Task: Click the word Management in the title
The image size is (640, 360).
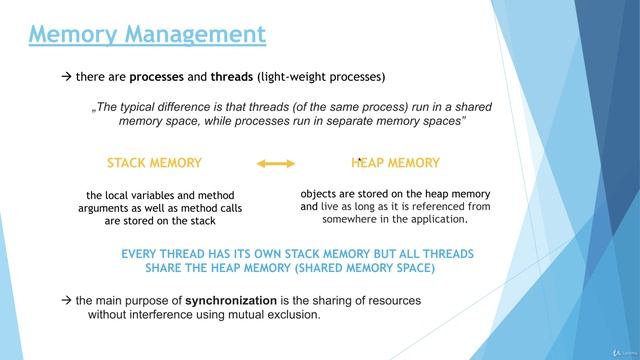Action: point(199,35)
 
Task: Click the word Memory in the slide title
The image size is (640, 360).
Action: point(78,35)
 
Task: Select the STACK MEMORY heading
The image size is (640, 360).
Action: point(154,162)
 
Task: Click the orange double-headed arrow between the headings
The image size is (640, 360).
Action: point(276,162)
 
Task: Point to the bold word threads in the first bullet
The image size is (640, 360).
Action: point(232,76)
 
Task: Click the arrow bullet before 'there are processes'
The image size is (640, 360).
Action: point(67,76)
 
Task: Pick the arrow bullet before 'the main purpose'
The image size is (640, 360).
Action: point(67,301)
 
